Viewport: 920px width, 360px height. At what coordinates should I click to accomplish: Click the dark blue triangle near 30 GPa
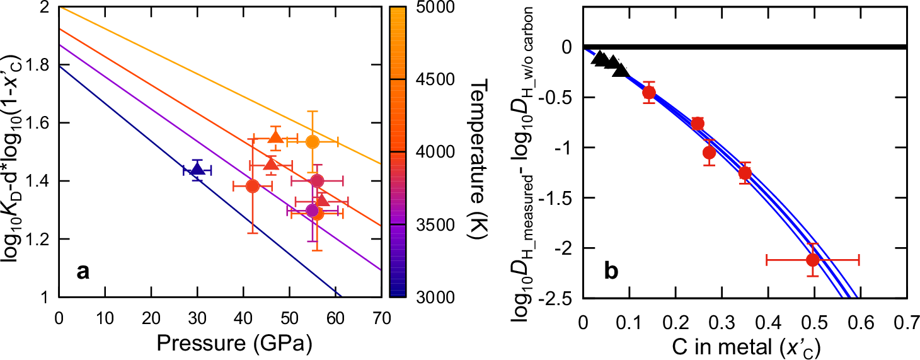(197, 170)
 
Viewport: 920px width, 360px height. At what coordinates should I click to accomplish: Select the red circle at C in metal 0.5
(813, 259)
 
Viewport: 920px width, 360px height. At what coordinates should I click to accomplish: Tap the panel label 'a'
(81, 272)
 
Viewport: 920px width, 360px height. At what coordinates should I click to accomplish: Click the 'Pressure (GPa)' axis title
(219, 344)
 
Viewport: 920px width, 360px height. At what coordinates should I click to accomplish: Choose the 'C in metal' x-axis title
(744, 344)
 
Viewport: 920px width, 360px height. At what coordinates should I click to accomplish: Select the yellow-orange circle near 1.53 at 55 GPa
(313, 141)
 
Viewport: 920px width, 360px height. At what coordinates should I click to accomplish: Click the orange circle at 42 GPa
(253, 186)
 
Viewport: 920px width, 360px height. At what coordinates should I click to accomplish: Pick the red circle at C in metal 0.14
(648, 93)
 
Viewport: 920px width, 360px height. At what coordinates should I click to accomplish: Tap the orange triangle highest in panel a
(275, 137)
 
